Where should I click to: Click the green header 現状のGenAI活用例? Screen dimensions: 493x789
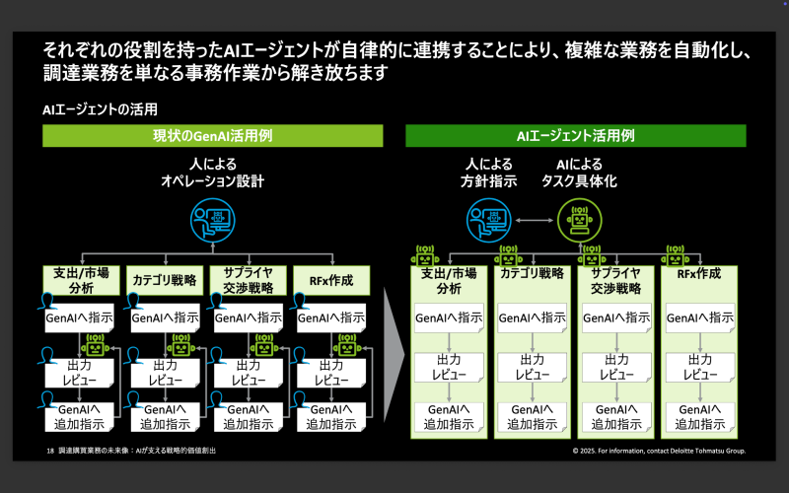click(x=212, y=136)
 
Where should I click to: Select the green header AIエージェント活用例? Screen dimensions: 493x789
click(x=575, y=136)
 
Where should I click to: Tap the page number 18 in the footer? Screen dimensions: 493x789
click(x=50, y=451)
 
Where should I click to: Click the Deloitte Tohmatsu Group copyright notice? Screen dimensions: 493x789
click(x=659, y=451)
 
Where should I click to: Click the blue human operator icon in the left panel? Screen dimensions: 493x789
click(x=212, y=221)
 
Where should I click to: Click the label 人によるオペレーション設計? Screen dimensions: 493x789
click(x=212, y=173)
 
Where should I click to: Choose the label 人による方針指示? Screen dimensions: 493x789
click(x=490, y=173)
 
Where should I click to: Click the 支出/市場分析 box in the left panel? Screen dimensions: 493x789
click(x=83, y=281)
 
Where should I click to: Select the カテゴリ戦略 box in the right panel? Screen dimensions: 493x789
click(x=532, y=274)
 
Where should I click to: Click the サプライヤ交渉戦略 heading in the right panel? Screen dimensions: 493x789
click(x=615, y=281)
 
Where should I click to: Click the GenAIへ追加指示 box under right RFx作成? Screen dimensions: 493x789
click(x=699, y=417)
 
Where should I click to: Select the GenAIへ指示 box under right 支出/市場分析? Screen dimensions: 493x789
click(x=449, y=318)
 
